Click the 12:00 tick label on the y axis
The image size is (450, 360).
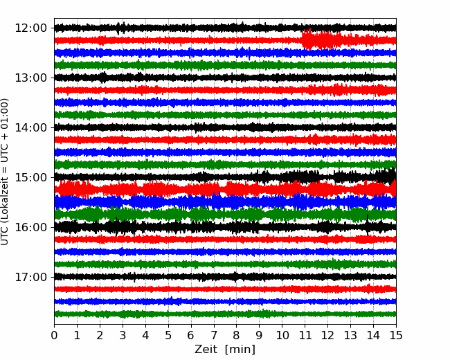[x=30, y=28]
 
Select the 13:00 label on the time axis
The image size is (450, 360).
[x=30, y=78]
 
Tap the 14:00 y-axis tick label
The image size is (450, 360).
[x=30, y=127]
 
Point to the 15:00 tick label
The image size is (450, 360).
[x=30, y=177]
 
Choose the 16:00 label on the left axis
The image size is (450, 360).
[x=30, y=227]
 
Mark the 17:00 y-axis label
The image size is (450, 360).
[x=30, y=277]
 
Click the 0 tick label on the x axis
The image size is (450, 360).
[x=54, y=335]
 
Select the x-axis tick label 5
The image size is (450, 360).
[x=168, y=335]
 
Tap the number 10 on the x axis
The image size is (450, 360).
[x=282, y=335]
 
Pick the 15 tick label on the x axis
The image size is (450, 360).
[x=396, y=335]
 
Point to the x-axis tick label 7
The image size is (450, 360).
[x=214, y=335]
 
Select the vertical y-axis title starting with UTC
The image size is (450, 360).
[x=5, y=172]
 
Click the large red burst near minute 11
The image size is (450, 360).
[x=321, y=39]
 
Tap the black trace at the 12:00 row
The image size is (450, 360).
[x=225, y=28]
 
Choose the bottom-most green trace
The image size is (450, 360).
[x=225, y=314]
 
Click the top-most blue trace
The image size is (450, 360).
[x=225, y=53]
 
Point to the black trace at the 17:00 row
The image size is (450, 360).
[x=225, y=277]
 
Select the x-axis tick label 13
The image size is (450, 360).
[x=350, y=335]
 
